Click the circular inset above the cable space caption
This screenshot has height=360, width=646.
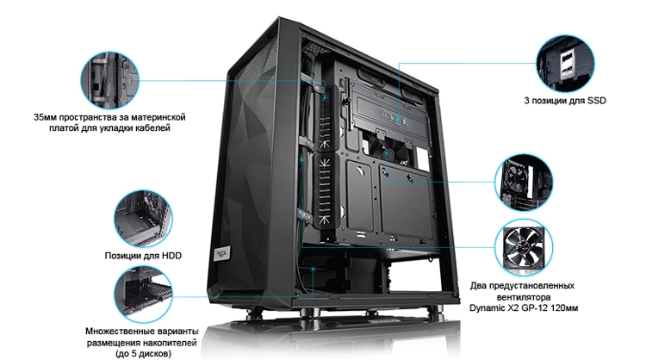(109, 80)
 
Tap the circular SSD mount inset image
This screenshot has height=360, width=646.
(565, 63)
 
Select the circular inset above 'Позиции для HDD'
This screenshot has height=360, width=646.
(143, 219)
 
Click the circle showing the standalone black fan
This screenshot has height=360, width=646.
(524, 246)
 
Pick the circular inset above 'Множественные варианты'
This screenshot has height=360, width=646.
(143, 294)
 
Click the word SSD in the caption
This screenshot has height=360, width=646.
(597, 101)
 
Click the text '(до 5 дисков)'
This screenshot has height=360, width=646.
(142, 354)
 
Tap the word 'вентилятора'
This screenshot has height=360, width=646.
(524, 297)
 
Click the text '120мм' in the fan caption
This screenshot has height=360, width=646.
(565, 308)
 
